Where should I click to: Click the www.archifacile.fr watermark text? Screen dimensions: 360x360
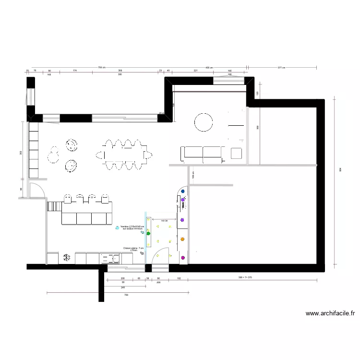pos(331,313)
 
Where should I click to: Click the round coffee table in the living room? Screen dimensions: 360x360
pos(204,122)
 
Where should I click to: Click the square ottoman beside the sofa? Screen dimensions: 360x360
pos(236,153)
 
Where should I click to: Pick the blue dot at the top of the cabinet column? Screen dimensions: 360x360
pos(183,191)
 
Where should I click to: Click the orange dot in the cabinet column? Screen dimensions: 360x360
pos(183,239)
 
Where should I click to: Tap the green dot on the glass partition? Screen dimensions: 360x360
pos(148,234)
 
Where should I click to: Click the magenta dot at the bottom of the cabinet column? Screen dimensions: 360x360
pos(183,259)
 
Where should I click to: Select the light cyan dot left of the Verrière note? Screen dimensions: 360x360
pos(118,228)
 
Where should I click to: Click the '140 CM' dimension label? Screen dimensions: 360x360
pos(164,221)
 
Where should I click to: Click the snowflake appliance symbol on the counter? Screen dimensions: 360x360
pos(66,258)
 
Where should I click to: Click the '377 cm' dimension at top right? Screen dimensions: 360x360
pos(281,68)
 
